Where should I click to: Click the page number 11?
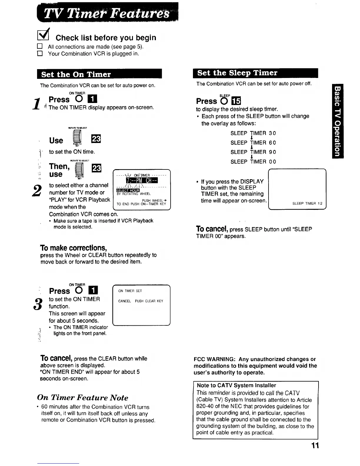click(x=315, y=446)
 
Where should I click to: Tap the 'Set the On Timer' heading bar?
click(x=99, y=74)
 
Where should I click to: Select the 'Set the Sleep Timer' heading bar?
click(x=255, y=73)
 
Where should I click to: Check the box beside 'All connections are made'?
click(x=40, y=47)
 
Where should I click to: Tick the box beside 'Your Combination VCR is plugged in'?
click(x=40, y=54)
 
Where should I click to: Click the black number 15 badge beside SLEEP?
click(x=236, y=101)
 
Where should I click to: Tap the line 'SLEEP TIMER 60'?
click(x=253, y=143)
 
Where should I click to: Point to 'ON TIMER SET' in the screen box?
click(x=130, y=291)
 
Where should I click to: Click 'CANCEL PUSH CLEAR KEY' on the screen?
click(x=141, y=301)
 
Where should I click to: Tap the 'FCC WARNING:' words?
click(x=214, y=359)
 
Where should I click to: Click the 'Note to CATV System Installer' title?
click(x=236, y=385)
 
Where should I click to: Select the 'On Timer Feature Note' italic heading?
click(x=83, y=398)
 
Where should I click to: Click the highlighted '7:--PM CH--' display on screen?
click(x=142, y=180)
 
